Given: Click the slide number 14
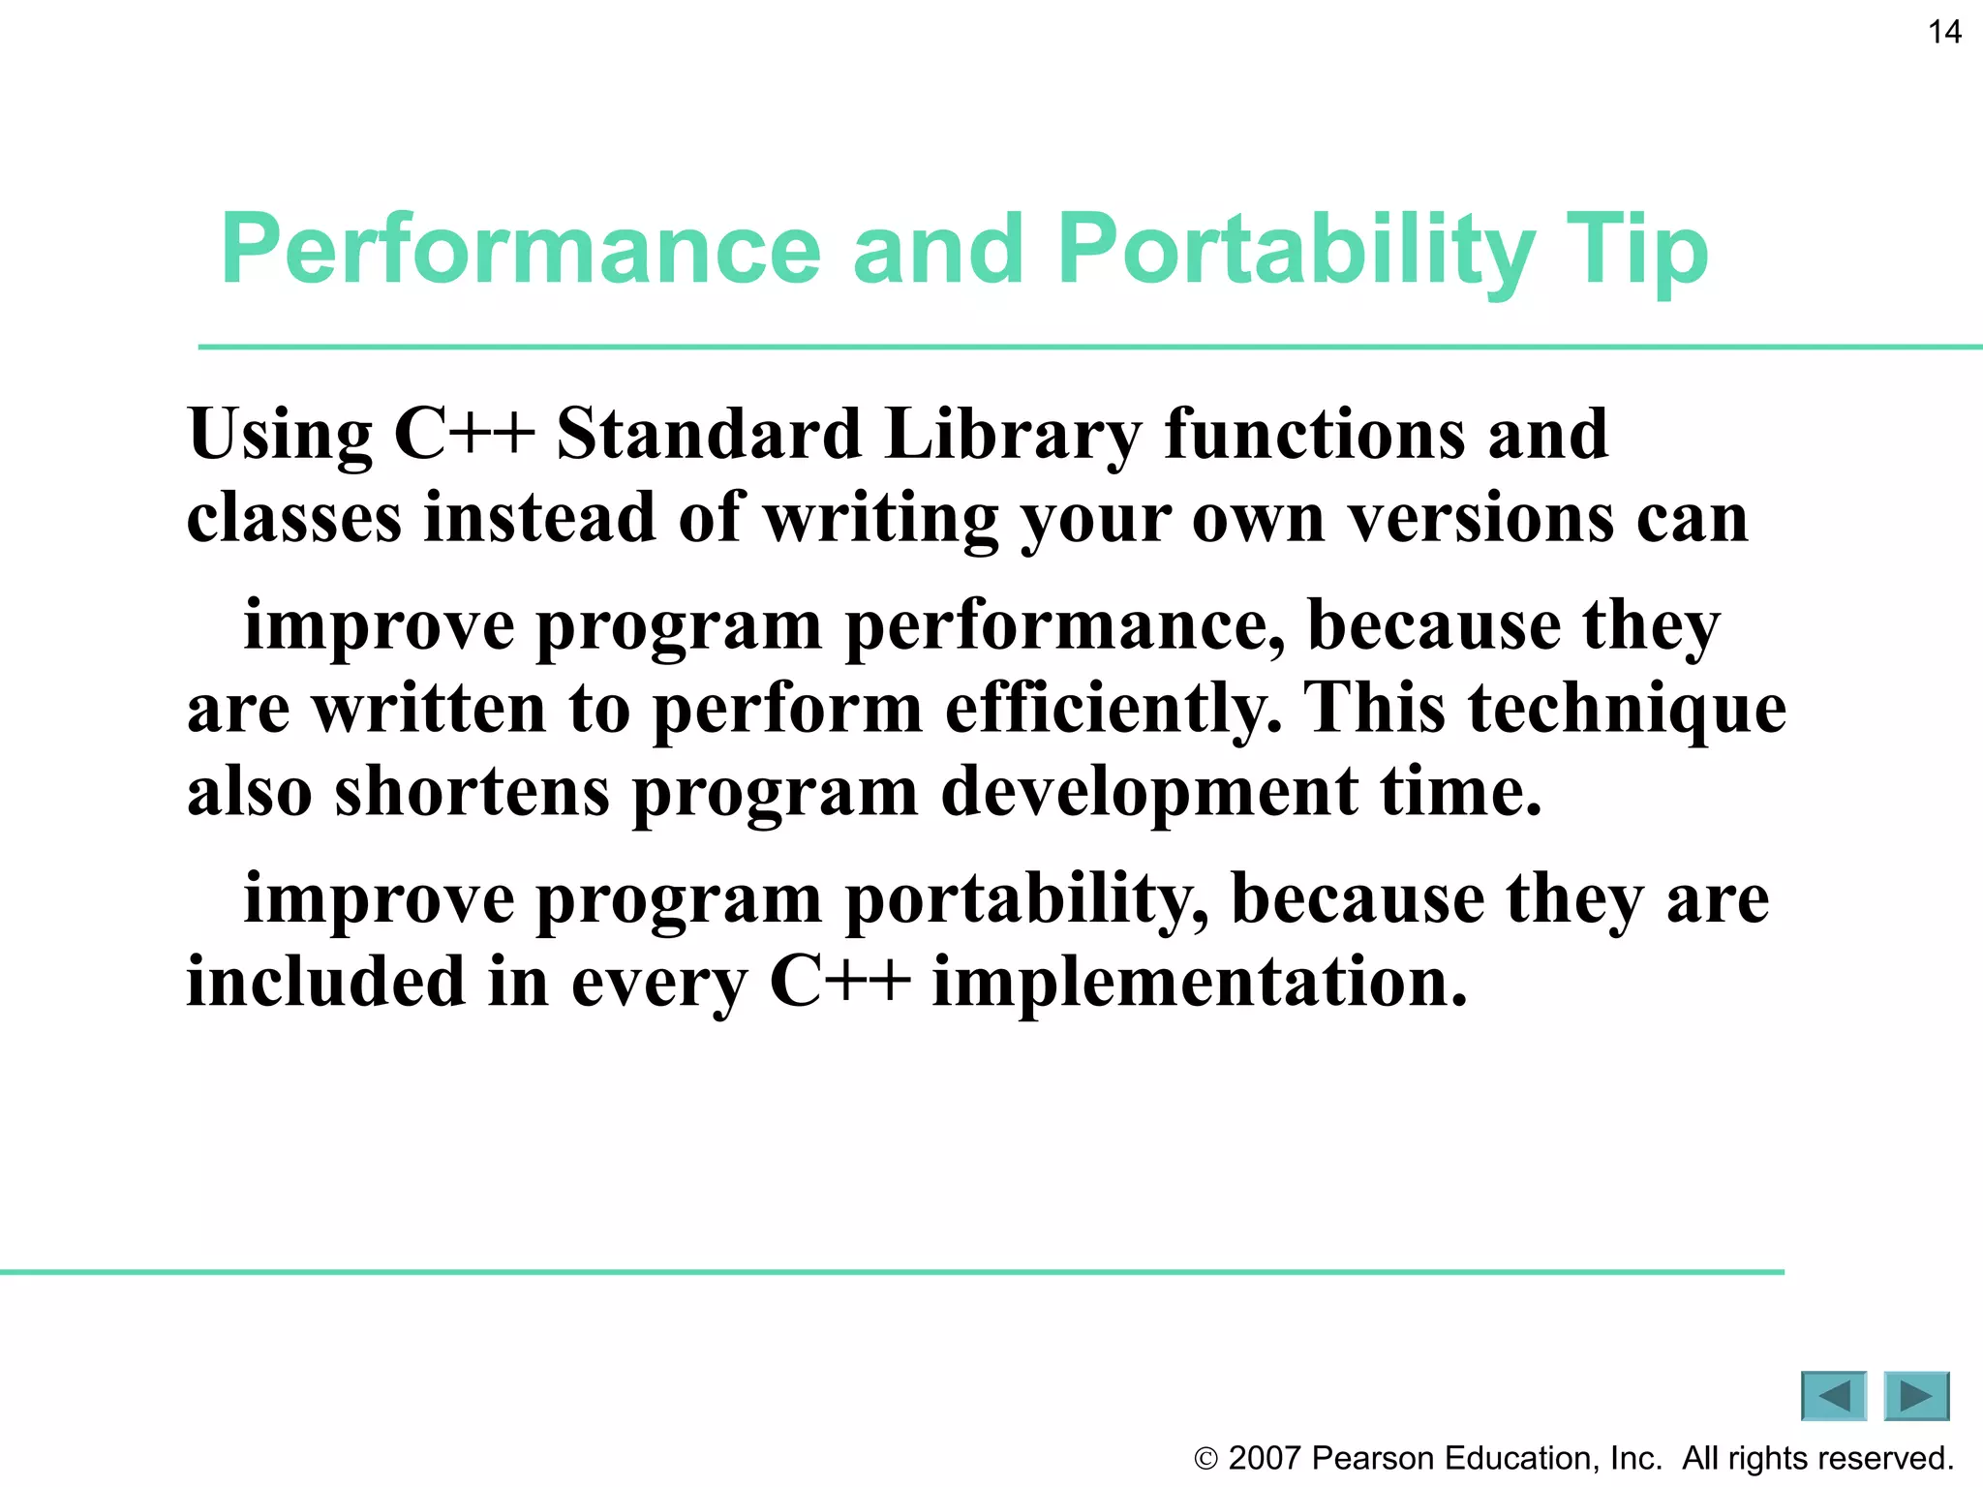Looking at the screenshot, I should (x=1944, y=33).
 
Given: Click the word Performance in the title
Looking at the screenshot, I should (x=520, y=250).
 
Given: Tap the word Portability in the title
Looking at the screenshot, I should (x=1296, y=250).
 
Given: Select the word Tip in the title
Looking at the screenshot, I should (x=1636, y=250).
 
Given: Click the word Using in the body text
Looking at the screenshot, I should (x=280, y=435).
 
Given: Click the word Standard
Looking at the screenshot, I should (x=709, y=435).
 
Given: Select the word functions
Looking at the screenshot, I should (x=1315, y=435).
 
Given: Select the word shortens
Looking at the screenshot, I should (x=472, y=792).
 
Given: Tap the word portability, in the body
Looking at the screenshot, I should (x=1026, y=900).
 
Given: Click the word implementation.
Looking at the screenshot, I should (x=1199, y=983).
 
